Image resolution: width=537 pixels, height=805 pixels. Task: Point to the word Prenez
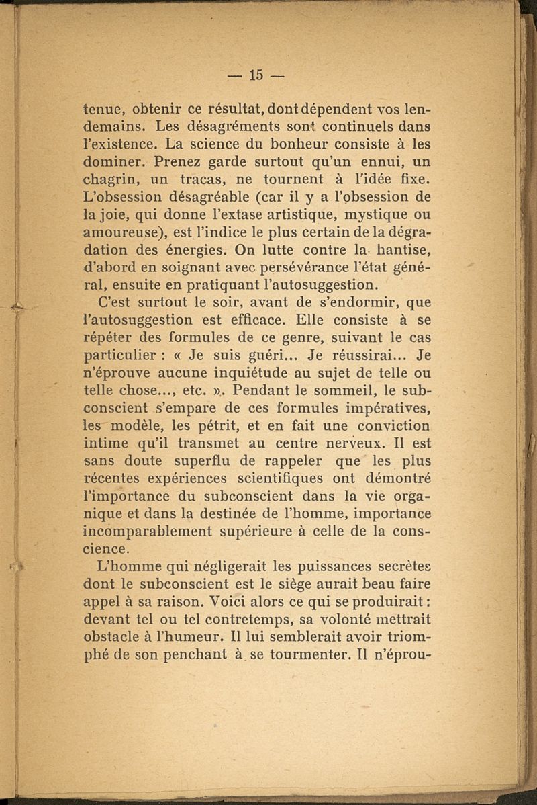(176, 163)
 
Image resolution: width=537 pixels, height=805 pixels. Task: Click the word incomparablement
(145, 531)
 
